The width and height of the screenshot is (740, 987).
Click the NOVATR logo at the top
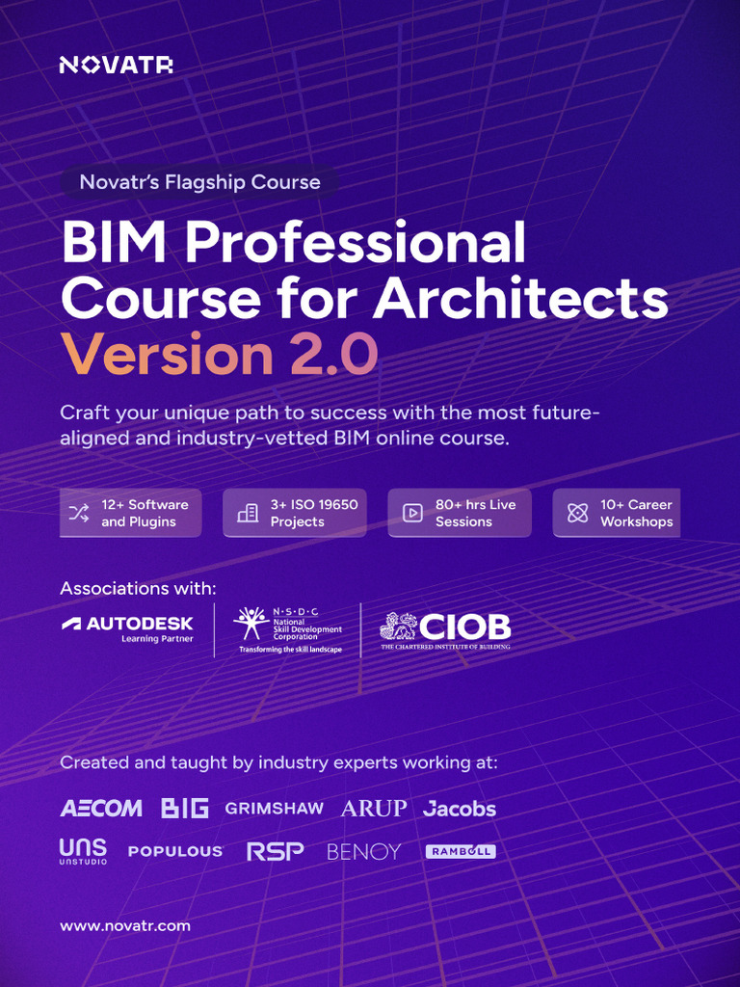tap(116, 66)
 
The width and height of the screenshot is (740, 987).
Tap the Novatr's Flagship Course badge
tap(199, 181)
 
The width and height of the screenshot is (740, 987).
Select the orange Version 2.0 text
tap(219, 355)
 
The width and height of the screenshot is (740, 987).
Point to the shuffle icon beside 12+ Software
tap(78, 513)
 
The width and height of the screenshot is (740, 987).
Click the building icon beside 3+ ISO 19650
tap(248, 513)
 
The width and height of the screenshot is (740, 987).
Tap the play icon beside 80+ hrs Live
tap(412, 513)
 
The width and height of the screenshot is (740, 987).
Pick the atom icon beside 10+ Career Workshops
tap(577, 513)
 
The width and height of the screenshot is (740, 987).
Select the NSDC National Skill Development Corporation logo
tap(288, 630)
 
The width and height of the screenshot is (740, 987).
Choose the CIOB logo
tap(445, 629)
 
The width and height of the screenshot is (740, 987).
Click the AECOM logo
tap(101, 808)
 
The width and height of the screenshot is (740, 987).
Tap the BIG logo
tap(185, 808)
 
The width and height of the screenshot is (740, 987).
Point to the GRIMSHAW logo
tap(274, 808)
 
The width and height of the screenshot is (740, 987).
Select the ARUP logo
tap(374, 808)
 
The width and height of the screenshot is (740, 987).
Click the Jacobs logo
tap(460, 809)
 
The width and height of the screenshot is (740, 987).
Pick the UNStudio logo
tap(83, 851)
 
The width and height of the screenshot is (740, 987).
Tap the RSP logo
tap(275, 851)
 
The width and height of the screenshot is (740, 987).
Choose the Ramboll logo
tap(461, 852)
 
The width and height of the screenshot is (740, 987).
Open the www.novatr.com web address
tap(125, 926)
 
